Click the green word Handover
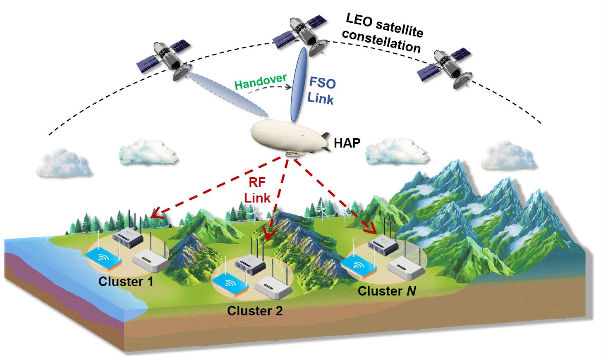[x=260, y=81]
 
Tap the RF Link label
[x=257, y=190]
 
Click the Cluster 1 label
[x=126, y=282]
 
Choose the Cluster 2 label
[x=255, y=310]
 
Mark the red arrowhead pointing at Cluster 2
[x=269, y=235]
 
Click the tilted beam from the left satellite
[x=227, y=94]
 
